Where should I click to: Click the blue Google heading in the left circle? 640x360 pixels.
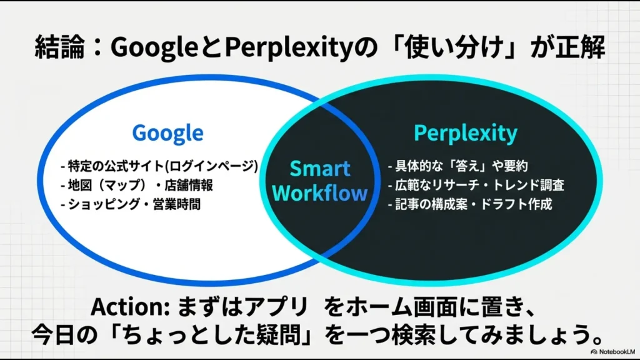(167, 132)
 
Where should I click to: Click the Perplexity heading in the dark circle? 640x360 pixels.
(466, 132)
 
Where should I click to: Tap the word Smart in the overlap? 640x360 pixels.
(320, 169)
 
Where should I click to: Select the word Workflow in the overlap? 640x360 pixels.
(320, 192)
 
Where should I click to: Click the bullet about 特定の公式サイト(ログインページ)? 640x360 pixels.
(159, 166)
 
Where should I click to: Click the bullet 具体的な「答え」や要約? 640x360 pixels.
(458, 166)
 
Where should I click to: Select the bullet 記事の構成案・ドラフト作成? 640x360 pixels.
(470, 204)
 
